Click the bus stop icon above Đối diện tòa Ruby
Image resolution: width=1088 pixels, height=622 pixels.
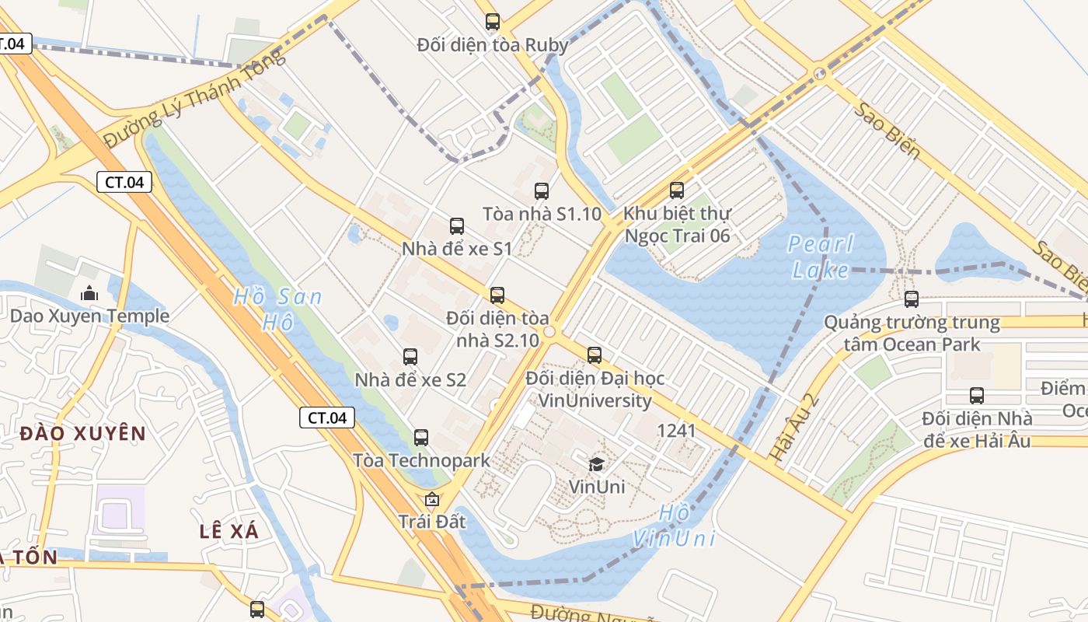[492, 22]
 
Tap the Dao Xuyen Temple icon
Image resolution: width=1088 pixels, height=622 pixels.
[89, 294]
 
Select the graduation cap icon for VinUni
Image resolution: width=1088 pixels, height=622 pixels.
[596, 464]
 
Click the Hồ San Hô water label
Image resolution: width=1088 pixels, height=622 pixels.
[277, 309]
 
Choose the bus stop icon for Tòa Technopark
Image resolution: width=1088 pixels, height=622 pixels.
[421, 438]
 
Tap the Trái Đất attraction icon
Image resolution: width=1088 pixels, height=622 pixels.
[431, 499]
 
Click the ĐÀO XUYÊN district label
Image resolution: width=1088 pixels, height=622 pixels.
[83, 433]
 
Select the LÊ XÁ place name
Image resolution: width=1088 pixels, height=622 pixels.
[228, 531]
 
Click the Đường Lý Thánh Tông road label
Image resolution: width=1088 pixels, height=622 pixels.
[194, 98]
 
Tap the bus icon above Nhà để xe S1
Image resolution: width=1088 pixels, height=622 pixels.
[457, 226]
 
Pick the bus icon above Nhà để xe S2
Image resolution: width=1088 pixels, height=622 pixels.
[410, 357]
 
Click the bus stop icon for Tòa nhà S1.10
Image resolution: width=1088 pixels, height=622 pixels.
[542, 190]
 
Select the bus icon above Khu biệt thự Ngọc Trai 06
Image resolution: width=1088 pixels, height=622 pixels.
[677, 190]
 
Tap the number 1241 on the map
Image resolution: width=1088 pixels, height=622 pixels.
[676, 430]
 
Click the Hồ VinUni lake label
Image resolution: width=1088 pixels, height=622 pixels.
[674, 526]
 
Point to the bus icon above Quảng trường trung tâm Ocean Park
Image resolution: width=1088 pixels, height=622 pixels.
[912, 299]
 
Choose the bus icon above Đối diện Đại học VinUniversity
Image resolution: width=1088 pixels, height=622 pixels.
[595, 355]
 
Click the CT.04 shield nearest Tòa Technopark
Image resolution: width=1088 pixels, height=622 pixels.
[327, 418]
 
